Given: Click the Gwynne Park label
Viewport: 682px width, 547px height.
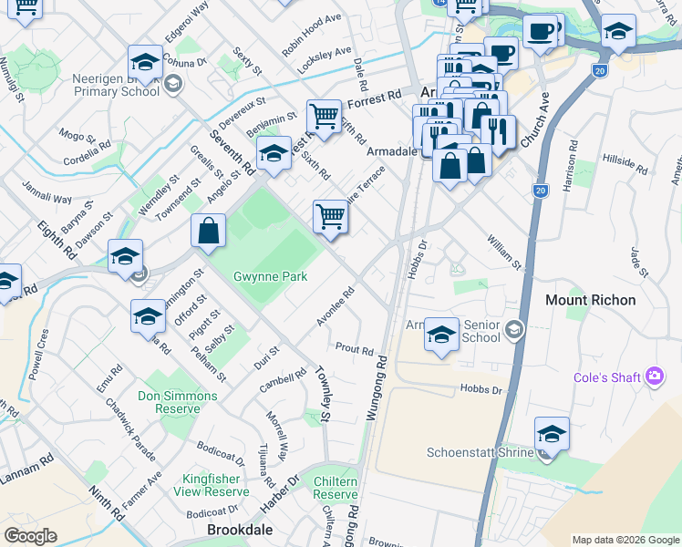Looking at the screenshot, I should tap(270, 276).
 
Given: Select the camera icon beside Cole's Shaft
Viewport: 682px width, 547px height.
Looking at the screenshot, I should tap(653, 376).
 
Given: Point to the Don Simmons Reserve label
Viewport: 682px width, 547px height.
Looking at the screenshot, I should tap(178, 402).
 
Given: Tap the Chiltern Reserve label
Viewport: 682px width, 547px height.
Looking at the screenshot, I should tap(336, 488).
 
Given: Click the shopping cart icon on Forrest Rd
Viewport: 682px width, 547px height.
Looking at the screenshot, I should tap(324, 116).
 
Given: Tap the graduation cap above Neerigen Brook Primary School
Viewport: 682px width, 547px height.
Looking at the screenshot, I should tap(145, 61).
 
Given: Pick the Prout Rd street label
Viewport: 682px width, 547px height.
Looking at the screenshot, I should tap(355, 349).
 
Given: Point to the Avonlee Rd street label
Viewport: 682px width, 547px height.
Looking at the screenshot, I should tap(335, 307).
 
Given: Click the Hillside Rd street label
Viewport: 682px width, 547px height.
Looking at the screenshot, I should tap(625, 164).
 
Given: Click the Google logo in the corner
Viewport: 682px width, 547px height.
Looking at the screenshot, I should tap(30, 536).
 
